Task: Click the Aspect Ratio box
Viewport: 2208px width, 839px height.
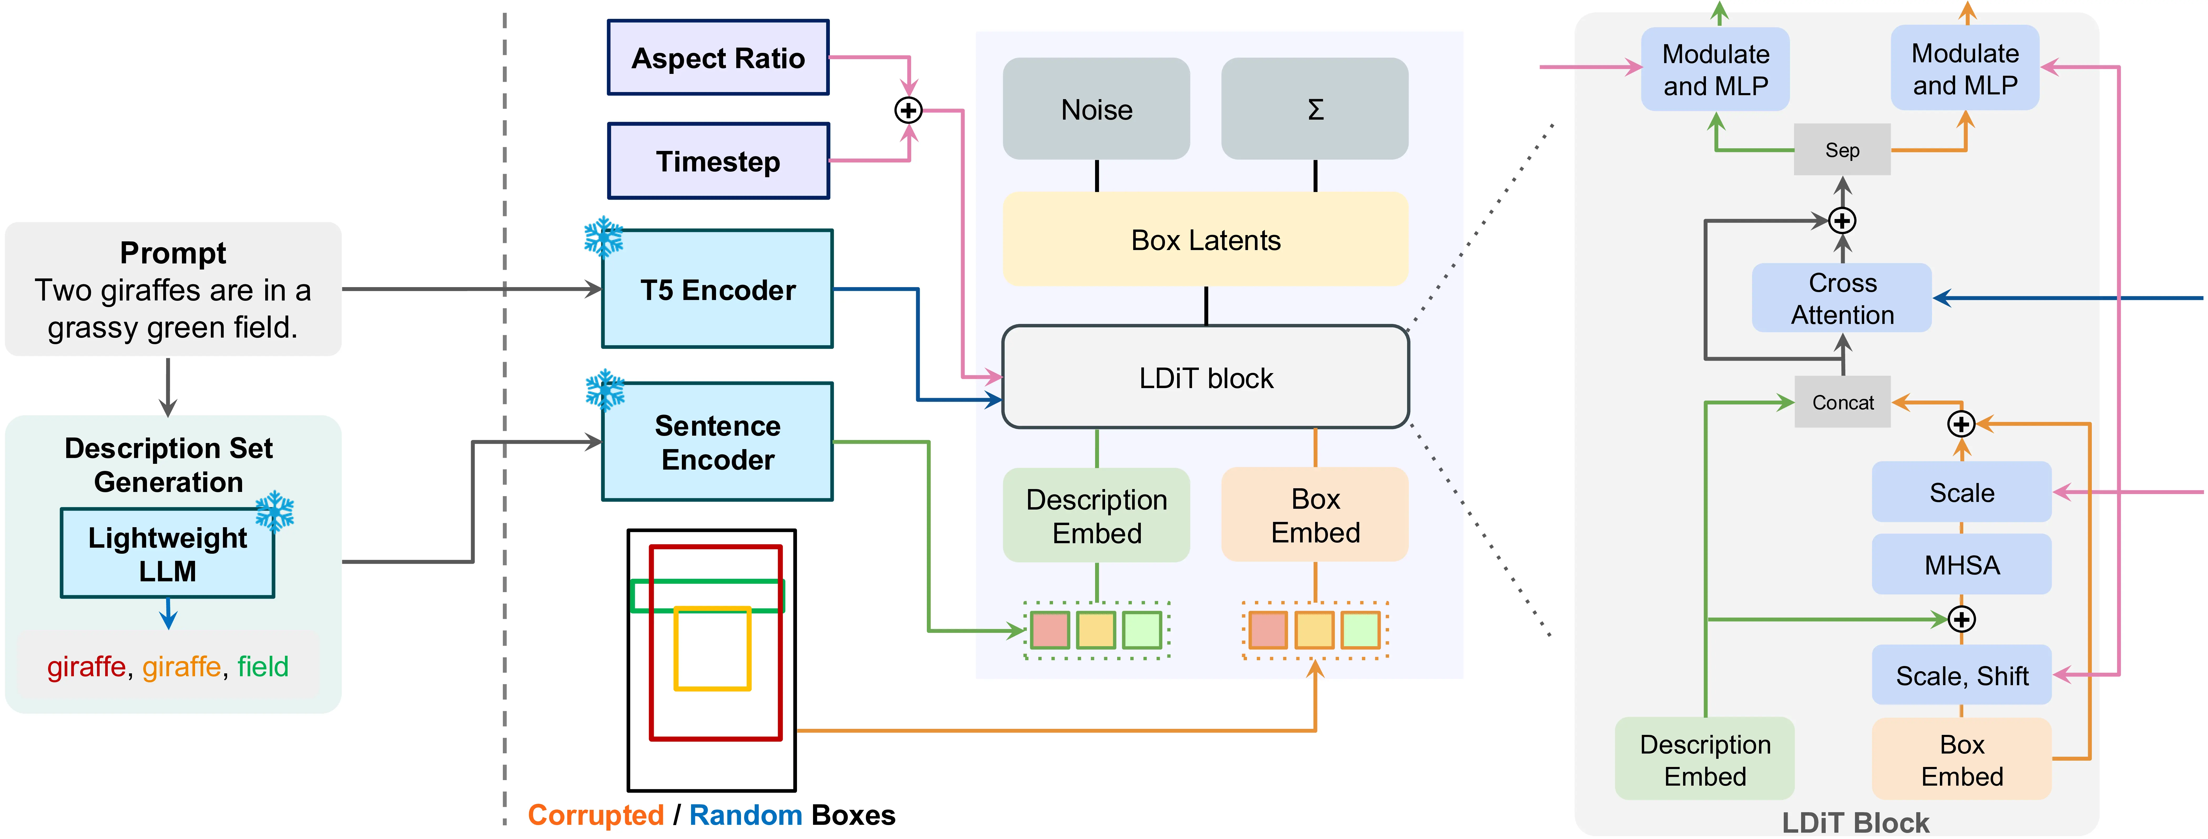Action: tap(718, 57)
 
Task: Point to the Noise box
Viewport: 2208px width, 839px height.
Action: tap(1096, 109)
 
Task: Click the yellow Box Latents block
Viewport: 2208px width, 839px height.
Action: tap(1205, 239)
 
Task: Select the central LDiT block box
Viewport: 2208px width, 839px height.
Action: tap(1205, 377)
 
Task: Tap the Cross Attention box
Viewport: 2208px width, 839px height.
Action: tap(1842, 298)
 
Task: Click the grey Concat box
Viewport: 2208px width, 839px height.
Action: tap(1842, 402)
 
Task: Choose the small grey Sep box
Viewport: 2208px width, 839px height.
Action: tap(1842, 150)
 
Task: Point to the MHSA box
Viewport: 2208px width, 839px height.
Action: tap(1961, 565)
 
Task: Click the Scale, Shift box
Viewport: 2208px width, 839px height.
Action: tap(1961, 675)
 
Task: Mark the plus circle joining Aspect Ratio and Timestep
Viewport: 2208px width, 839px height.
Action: tap(909, 110)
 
